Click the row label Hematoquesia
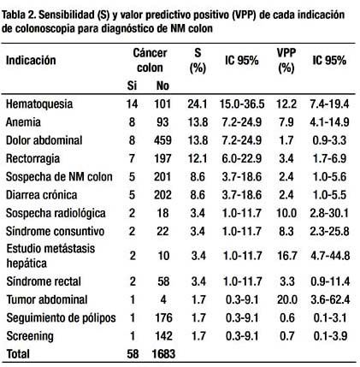click(x=39, y=104)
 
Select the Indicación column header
click(x=31, y=60)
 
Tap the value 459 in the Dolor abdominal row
click(x=162, y=140)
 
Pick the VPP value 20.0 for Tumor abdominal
click(x=286, y=299)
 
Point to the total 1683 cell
click(x=163, y=354)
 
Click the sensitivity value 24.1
click(x=198, y=104)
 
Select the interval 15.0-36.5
click(x=242, y=104)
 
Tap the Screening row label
click(x=30, y=336)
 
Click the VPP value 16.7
click(x=286, y=256)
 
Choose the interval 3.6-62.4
click(x=330, y=299)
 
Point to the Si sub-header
click(x=132, y=86)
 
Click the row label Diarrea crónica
click(x=42, y=195)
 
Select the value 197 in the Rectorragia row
click(x=162, y=158)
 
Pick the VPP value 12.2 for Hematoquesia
click(x=286, y=104)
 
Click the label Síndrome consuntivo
click(x=56, y=231)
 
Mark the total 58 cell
click(x=133, y=354)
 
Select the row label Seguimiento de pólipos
click(x=62, y=318)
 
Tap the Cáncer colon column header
click(x=150, y=60)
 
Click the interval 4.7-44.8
click(x=330, y=256)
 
